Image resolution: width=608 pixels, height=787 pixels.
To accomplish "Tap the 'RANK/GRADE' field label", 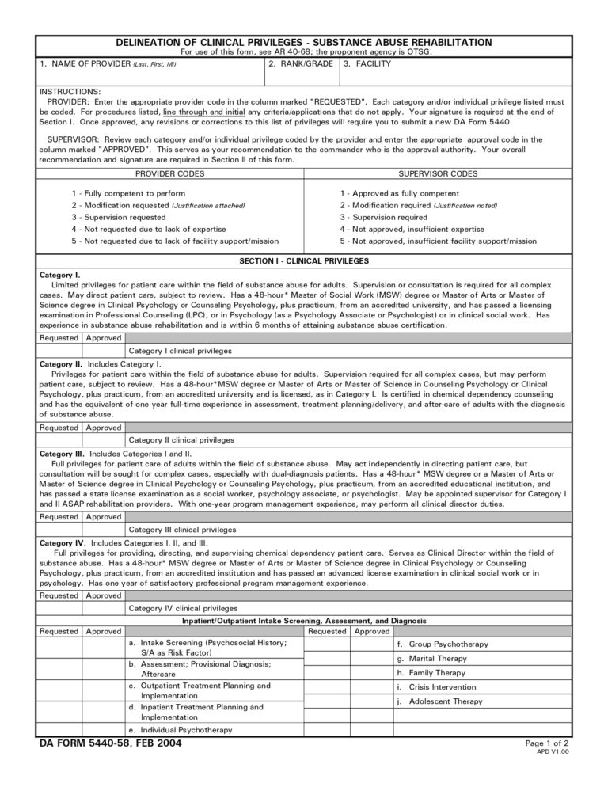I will point(300,63).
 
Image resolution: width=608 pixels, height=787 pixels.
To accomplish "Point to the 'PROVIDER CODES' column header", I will point(169,173).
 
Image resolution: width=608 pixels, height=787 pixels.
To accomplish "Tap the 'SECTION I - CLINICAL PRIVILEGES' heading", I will point(304,260).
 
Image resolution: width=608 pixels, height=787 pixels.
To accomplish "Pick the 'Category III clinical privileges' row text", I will point(182,530).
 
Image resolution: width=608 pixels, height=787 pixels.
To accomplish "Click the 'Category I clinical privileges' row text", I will point(180,350).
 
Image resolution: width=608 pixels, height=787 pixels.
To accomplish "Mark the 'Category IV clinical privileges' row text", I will point(182,609).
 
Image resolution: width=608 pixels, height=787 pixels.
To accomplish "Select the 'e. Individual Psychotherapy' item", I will point(180,729).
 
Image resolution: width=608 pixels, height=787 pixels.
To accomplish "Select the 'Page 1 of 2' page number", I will point(547,743).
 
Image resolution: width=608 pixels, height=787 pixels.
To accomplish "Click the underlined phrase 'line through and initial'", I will point(196,112).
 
